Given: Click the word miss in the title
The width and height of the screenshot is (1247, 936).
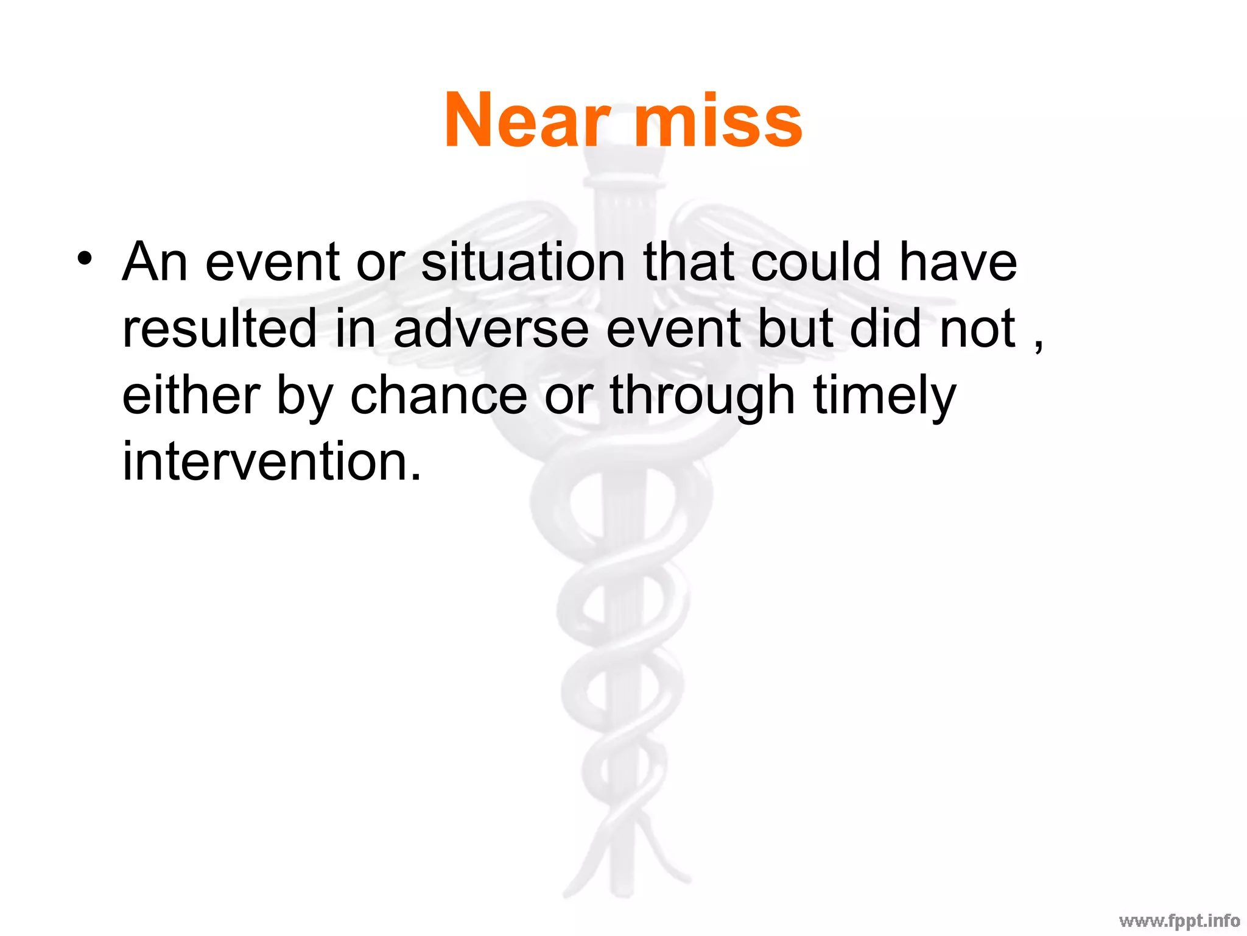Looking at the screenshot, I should click(x=718, y=120).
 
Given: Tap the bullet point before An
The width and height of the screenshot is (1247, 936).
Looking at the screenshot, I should click(x=85, y=258).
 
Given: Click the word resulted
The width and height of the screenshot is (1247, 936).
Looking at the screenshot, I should click(x=219, y=328).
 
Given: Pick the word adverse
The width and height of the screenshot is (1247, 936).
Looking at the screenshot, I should click(x=491, y=328).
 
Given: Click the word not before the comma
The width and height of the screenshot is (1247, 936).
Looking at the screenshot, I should click(x=978, y=328).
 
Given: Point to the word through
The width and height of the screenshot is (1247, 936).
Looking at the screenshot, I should click(x=702, y=396).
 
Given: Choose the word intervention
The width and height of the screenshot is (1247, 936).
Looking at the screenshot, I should click(x=272, y=461).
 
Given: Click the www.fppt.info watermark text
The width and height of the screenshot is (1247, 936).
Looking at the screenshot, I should click(x=1179, y=920).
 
